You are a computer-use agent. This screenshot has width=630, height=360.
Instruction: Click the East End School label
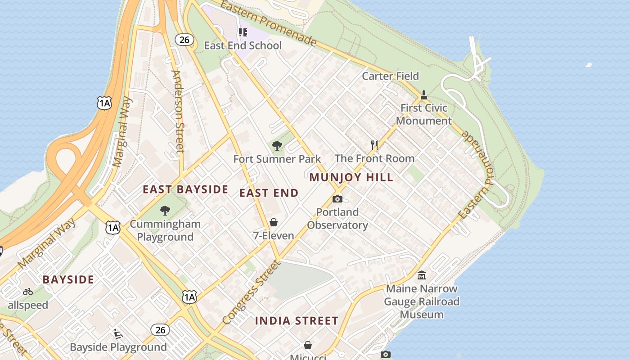coord(243,45)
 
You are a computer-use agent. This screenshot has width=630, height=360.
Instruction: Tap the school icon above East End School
coord(243,32)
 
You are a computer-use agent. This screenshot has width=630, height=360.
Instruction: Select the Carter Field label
coord(390,76)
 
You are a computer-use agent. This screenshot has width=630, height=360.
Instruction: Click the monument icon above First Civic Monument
coord(423,95)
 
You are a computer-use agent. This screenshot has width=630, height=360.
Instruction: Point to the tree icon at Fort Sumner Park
coord(277,145)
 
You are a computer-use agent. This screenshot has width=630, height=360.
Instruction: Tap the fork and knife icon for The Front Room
coord(374,145)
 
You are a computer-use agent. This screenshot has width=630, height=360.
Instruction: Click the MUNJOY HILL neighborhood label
coord(351,177)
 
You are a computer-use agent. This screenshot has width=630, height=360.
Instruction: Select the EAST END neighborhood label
coord(269,193)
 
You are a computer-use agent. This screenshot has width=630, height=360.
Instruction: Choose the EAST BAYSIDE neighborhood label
coord(185,189)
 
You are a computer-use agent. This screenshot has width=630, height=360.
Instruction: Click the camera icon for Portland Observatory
coord(337,199)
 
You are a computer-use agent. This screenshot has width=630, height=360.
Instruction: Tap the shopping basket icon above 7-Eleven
coord(274,222)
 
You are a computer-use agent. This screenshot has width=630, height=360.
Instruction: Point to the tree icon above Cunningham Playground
coord(165,210)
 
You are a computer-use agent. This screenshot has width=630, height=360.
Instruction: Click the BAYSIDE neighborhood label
coord(68,279)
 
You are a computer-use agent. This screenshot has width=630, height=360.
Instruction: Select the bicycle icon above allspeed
coord(28,292)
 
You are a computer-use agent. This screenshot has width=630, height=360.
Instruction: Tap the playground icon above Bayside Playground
coord(118,333)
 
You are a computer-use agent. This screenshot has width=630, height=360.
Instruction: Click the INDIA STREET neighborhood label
coord(297,321)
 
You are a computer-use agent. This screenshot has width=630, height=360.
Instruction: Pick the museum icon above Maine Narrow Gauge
coord(422,275)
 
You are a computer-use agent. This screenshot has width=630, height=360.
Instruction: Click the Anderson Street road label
coord(178,111)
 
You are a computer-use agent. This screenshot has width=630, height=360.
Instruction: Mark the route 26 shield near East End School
coord(184,40)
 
